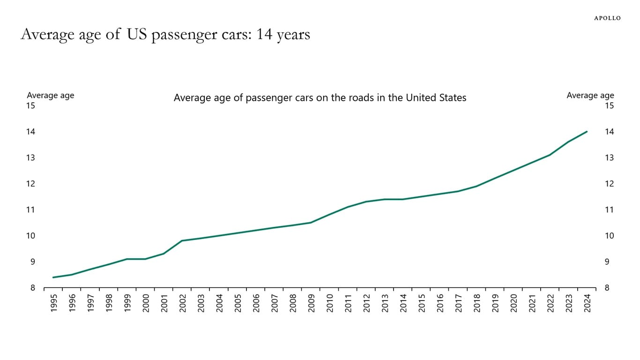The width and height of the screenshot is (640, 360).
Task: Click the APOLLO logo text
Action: coord(607,18)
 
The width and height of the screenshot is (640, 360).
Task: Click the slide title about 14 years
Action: coord(165,35)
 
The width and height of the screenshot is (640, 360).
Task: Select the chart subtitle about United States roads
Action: coord(320,97)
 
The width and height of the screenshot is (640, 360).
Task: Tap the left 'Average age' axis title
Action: coord(51,95)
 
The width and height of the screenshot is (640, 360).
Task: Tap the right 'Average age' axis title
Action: coord(590,95)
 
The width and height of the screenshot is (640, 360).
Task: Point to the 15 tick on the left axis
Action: coord(30,105)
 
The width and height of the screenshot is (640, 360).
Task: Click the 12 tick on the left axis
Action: coord(30,184)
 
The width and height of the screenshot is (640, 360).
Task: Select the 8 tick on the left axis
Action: coord(33,288)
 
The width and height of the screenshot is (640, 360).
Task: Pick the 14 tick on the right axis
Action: coord(609,132)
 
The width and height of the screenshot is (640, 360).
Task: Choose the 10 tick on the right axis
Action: coord(609,236)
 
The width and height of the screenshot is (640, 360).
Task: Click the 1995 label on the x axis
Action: coord(53,303)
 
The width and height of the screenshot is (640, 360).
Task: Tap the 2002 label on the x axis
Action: coord(182,303)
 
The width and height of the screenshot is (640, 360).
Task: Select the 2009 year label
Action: coord(311,303)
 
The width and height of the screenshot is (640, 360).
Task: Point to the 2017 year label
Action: coord(458,303)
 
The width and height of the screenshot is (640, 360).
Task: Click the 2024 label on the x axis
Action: coord(587,303)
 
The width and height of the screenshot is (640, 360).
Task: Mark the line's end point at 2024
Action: coord(587,132)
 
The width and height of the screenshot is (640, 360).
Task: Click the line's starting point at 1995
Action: coord(53,277)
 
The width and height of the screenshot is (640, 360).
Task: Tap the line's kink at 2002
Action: coord(182,241)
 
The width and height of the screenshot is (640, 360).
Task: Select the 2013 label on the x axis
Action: coord(385,303)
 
